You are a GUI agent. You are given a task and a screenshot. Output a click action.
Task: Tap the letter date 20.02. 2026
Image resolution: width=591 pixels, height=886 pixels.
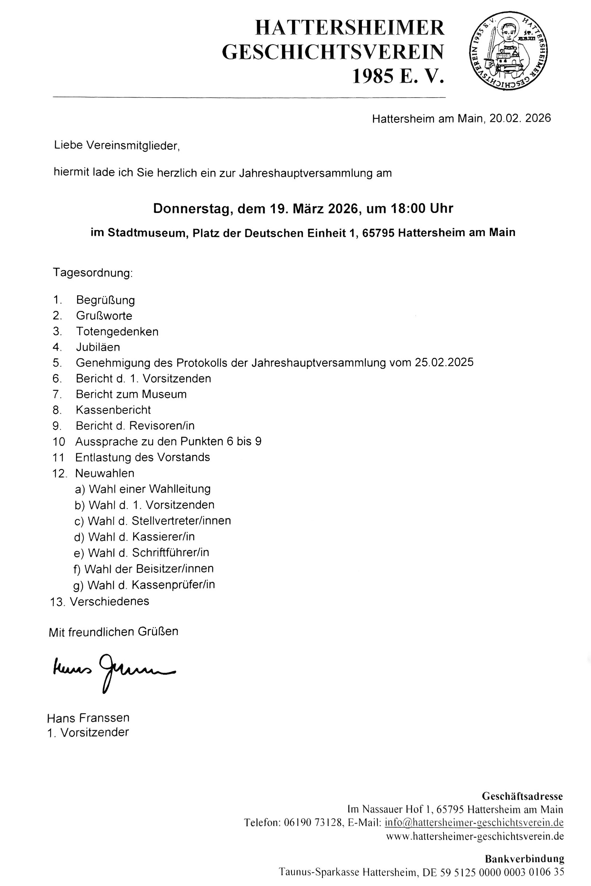pos(520,118)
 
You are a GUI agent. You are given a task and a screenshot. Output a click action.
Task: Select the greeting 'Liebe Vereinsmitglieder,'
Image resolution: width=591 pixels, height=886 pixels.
pos(117,146)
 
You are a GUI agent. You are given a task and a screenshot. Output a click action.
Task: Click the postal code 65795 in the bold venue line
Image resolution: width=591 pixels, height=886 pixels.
pos(378,233)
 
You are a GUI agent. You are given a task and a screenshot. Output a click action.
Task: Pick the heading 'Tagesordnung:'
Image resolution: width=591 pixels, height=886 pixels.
pos(93,272)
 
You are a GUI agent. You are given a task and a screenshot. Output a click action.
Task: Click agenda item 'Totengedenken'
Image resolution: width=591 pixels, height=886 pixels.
pos(117,332)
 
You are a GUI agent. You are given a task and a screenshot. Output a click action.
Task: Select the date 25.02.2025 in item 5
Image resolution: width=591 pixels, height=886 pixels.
pos(444,362)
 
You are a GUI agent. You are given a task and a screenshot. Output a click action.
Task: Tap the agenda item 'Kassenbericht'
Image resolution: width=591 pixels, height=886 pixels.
pos(113,410)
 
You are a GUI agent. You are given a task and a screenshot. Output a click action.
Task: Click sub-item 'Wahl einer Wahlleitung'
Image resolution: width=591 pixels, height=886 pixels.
pos(142,489)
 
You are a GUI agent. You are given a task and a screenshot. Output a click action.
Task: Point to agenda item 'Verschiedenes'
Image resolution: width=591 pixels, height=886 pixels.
pos(109,601)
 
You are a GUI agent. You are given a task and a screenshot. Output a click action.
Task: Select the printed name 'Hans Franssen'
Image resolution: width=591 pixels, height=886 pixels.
pos(88,718)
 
